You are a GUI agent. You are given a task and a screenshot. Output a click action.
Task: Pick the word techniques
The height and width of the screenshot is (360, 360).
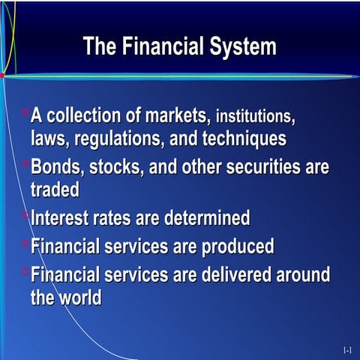[242, 139]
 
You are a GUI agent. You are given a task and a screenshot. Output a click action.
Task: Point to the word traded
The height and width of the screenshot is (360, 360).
[55, 190]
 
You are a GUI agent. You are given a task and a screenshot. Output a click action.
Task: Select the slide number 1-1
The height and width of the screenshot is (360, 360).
[347, 349]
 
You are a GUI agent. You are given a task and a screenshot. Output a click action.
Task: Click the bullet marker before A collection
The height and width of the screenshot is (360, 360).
[25, 112]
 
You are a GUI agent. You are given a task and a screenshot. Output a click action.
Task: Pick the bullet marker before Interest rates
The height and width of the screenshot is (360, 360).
[25, 215]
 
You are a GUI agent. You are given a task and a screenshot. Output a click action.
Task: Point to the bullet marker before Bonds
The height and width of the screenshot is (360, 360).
[25, 163]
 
